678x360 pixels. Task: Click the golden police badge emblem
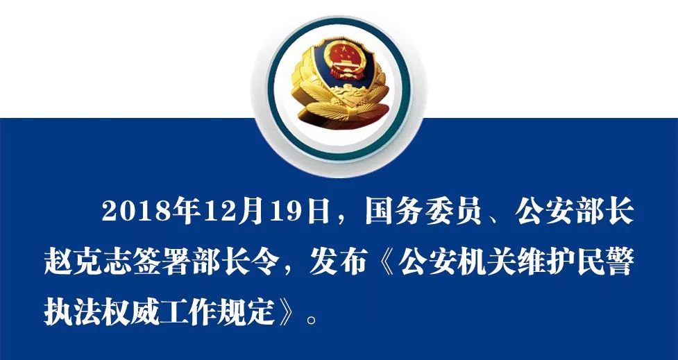pyautogui.click(x=340, y=83)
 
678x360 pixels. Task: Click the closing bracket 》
pyautogui.click(x=287, y=312)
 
